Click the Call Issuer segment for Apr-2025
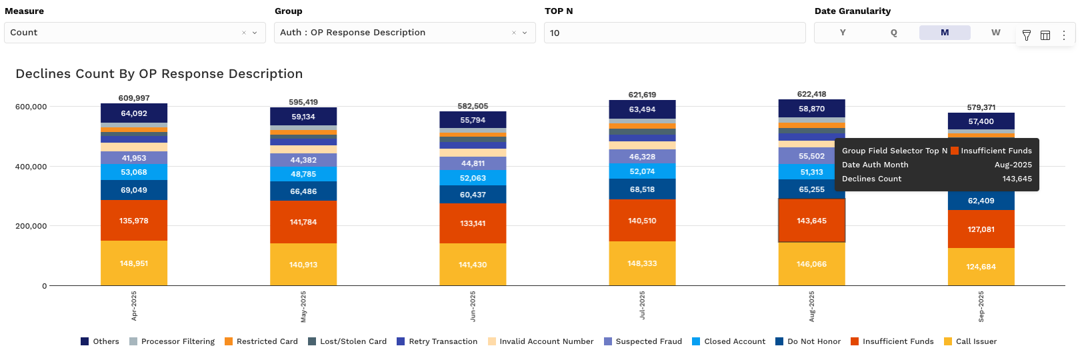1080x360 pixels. (134, 263)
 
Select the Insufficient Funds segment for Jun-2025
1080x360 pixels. (473, 223)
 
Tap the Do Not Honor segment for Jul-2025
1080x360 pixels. (642, 189)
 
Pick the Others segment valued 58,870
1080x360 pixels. (811, 109)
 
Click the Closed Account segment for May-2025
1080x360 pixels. (303, 174)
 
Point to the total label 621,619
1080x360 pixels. (642, 95)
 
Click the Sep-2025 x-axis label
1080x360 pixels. (981, 307)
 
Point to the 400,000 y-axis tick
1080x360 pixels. (31, 167)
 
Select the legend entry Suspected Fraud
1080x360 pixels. (643, 341)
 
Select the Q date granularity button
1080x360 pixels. (893, 33)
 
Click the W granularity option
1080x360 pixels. (995, 33)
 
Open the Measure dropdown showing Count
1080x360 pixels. (134, 33)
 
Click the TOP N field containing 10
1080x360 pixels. (674, 33)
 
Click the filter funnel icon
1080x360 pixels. (1027, 35)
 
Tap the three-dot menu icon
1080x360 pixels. (1064, 35)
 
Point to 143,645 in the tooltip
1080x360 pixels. (1017, 179)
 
